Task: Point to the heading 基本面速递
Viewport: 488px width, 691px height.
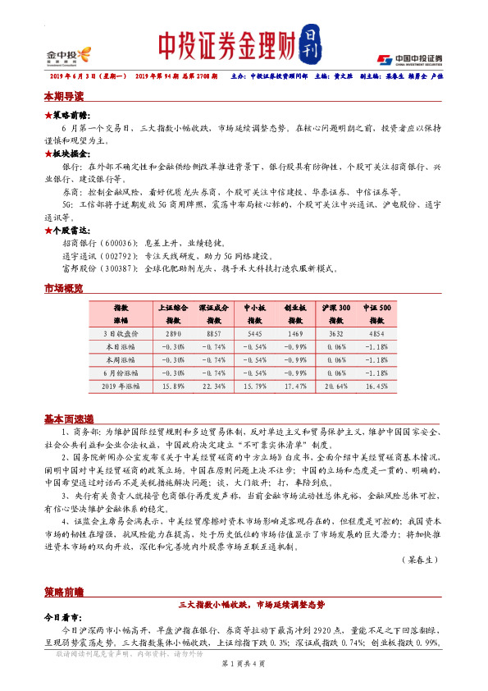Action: coord(68,419)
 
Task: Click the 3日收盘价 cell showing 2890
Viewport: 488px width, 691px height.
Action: coord(173,334)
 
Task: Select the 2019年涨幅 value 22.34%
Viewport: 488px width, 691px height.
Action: coord(213,386)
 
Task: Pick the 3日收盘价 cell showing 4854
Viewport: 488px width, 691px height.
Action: coord(377,334)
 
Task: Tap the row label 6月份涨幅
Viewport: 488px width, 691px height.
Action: coord(121,373)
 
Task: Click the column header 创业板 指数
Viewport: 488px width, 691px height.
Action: coord(294,313)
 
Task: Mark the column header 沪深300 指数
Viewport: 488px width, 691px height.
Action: coord(336,313)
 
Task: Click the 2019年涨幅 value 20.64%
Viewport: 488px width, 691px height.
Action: coord(336,386)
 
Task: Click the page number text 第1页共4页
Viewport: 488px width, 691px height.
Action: coord(244,662)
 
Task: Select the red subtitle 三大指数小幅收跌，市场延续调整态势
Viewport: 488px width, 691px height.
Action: coord(250,604)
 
